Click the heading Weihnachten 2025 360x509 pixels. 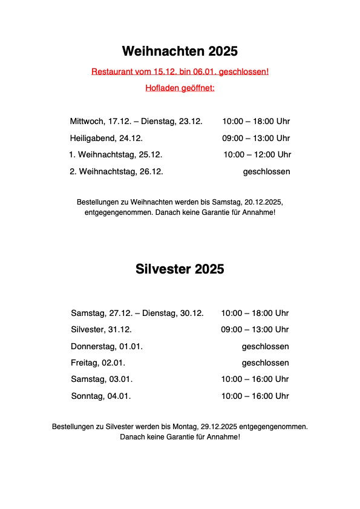180,50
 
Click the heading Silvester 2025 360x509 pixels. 180,269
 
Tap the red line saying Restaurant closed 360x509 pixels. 180,71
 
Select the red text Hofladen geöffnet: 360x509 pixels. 180,88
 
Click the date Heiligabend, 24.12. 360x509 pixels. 106,138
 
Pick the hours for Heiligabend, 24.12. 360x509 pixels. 256,138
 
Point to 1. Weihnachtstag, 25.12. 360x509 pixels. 116,154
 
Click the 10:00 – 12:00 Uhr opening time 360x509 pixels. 257,154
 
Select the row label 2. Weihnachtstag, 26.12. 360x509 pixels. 116,171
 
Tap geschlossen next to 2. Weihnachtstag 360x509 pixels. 266,171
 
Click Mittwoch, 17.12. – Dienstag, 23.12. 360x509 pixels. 136,121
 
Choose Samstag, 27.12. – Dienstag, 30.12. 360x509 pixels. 137,313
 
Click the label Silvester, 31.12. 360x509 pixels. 101,329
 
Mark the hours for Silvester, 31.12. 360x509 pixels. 255,329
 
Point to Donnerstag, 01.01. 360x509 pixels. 106,346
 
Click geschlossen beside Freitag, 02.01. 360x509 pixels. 265,363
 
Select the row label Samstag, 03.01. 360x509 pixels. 102,379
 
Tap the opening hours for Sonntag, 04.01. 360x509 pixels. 255,396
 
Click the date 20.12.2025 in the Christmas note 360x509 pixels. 261,201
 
